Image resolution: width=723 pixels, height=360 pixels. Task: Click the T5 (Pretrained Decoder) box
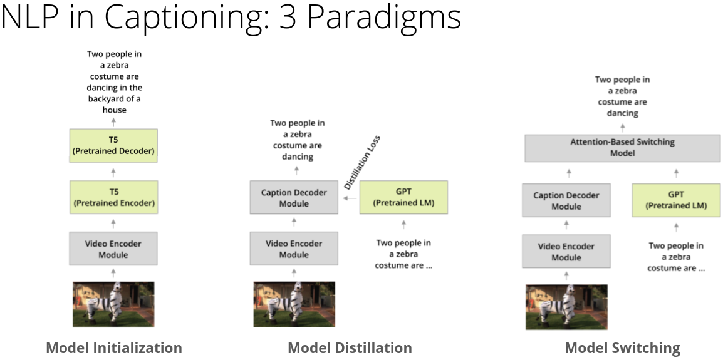click(x=113, y=146)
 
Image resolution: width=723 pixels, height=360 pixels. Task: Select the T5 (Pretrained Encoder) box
click(x=113, y=197)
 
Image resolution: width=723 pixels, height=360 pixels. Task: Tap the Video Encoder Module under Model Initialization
click(x=113, y=249)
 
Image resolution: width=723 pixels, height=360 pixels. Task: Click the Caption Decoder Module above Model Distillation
click(x=294, y=198)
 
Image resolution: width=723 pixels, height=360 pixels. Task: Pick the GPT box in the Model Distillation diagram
click(x=403, y=197)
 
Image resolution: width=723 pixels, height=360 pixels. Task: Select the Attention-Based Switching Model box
click(x=623, y=148)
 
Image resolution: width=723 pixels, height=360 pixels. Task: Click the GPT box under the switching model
click(x=676, y=200)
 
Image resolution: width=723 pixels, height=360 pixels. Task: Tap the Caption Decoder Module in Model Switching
click(x=566, y=200)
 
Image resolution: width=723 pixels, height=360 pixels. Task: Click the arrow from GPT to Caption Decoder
click(x=349, y=198)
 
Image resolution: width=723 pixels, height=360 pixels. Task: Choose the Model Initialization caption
click(x=115, y=347)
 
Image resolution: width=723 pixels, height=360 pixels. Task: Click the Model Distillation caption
click(x=350, y=347)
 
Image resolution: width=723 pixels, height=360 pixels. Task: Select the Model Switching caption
click(x=623, y=348)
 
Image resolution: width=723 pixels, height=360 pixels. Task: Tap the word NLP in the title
click(x=33, y=16)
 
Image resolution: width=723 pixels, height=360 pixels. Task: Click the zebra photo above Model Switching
click(x=567, y=307)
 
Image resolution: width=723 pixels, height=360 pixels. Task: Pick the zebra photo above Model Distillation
click(x=294, y=304)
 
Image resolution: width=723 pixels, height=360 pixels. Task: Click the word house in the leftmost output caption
click(x=115, y=110)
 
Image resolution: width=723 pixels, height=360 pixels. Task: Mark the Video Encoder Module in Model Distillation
click(x=294, y=249)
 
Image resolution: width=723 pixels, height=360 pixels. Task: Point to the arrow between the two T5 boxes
click(x=113, y=172)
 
